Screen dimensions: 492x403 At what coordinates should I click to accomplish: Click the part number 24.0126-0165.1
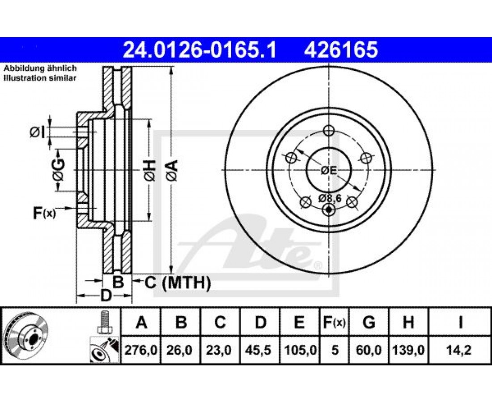click(x=199, y=50)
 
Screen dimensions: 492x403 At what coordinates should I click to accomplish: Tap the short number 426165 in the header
click(x=341, y=50)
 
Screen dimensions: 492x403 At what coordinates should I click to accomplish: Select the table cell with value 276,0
click(x=141, y=350)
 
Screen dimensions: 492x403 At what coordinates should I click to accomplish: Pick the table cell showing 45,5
click(x=260, y=350)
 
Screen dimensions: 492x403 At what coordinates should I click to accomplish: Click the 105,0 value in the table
click(x=300, y=350)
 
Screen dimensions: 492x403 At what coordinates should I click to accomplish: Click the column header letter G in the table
click(x=369, y=322)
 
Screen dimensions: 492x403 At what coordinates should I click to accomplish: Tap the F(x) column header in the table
click(x=334, y=322)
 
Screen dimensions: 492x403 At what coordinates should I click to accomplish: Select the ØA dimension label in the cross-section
click(x=173, y=170)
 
